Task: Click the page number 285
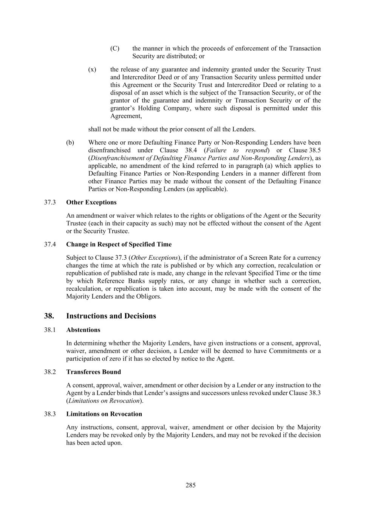(x=190, y=485)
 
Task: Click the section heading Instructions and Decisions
(x=111, y=316)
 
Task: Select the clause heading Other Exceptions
(x=91, y=202)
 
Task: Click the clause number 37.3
(x=50, y=202)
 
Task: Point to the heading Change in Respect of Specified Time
(x=119, y=244)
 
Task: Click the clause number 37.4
(x=50, y=244)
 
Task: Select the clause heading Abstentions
(x=83, y=330)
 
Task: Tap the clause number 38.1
(x=50, y=330)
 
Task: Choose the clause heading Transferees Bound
(x=93, y=372)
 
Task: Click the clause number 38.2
(x=50, y=372)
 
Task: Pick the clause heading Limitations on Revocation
(x=104, y=414)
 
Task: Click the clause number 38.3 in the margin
(x=50, y=414)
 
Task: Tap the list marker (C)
(x=115, y=48)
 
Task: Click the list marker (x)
(x=92, y=70)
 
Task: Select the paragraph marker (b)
(x=70, y=143)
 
